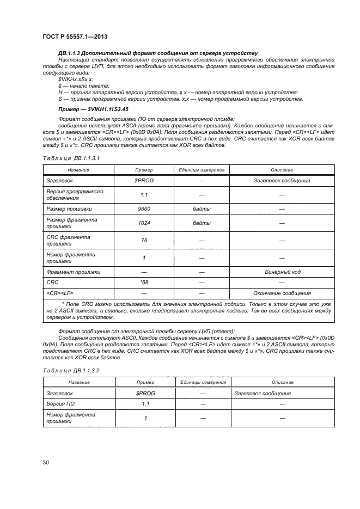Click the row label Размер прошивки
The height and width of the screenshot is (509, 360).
[69, 208]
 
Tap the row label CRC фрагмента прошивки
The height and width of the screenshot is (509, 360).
[69, 241]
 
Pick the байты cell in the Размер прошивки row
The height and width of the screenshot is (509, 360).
[202, 208]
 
